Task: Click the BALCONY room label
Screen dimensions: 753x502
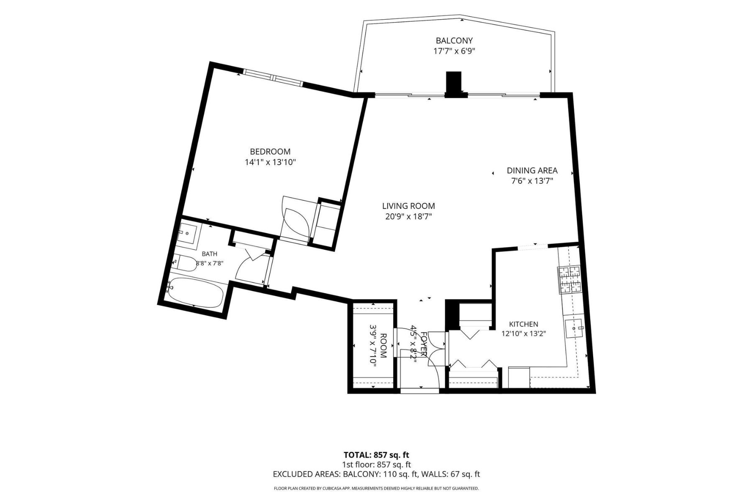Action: (x=454, y=41)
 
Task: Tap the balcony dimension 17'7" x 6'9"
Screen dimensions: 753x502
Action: (x=454, y=51)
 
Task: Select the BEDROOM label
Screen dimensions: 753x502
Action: (x=270, y=151)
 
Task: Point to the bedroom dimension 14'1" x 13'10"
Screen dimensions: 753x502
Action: (x=270, y=162)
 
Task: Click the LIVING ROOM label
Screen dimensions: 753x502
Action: (x=409, y=206)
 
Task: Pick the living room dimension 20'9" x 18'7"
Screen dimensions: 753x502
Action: (x=409, y=217)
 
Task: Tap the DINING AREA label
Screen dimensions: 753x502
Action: (x=532, y=170)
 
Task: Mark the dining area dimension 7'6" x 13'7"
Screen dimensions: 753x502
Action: (x=532, y=181)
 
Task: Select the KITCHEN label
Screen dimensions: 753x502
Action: (x=524, y=324)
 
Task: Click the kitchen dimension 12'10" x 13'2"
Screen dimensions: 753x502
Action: (x=524, y=334)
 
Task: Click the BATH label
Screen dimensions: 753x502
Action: (x=210, y=254)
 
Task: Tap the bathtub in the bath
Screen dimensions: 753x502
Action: (x=195, y=292)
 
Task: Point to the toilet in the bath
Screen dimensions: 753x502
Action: (x=185, y=263)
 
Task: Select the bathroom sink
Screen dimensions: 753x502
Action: (x=187, y=233)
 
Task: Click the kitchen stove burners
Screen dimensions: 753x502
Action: (x=569, y=279)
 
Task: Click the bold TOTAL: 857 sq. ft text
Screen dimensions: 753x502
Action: (x=376, y=455)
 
